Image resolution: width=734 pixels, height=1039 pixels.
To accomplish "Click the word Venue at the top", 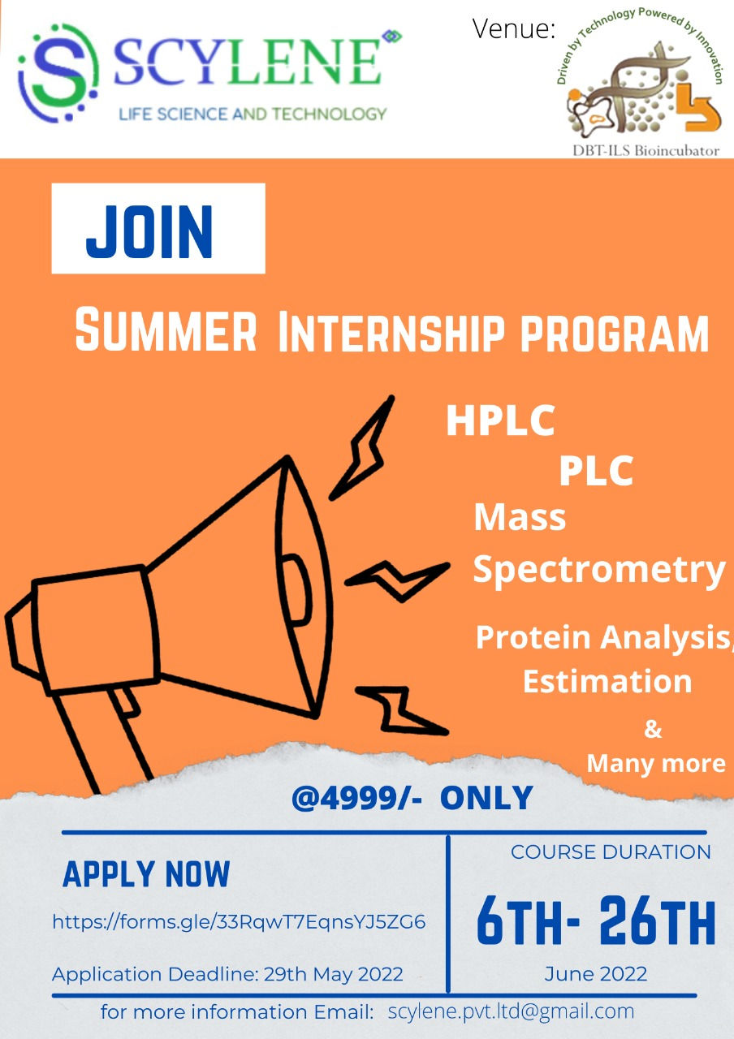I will [513, 30].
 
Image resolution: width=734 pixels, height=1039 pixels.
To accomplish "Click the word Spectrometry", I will [598, 569].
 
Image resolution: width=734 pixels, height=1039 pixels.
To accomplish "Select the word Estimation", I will [607, 680].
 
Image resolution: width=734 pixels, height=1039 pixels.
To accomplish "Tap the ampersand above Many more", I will [653, 730].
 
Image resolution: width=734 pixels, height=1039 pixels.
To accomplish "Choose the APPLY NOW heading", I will [146, 874].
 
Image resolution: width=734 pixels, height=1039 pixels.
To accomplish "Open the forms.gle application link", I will [239, 921].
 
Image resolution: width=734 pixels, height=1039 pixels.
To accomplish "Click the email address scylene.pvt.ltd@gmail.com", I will [511, 1011].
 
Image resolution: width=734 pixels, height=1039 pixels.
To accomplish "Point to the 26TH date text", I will [657, 921].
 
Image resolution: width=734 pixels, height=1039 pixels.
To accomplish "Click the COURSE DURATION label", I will [611, 852].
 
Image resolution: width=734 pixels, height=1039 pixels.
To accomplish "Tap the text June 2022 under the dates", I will [596, 973].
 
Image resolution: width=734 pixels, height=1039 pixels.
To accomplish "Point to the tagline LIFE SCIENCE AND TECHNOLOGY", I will [253, 114].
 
